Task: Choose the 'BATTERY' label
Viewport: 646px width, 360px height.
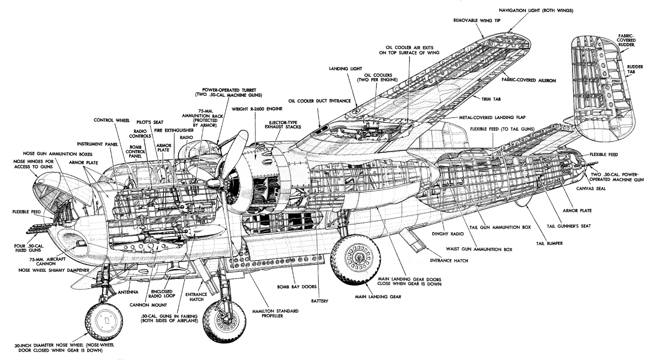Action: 321,302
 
